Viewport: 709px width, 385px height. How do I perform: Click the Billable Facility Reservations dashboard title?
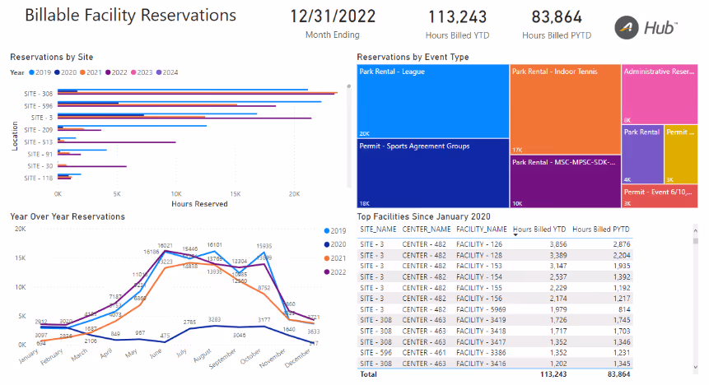point(131,16)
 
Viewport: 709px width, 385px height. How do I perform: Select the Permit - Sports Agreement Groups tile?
point(432,173)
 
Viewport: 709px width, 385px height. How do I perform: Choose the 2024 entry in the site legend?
point(169,72)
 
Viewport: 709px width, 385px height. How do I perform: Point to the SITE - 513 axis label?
point(39,141)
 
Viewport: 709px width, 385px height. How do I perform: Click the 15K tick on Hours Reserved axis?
point(236,194)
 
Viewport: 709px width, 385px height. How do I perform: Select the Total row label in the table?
point(368,373)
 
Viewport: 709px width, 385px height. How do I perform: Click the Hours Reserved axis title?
point(199,204)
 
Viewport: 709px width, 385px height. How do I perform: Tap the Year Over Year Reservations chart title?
point(68,216)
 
